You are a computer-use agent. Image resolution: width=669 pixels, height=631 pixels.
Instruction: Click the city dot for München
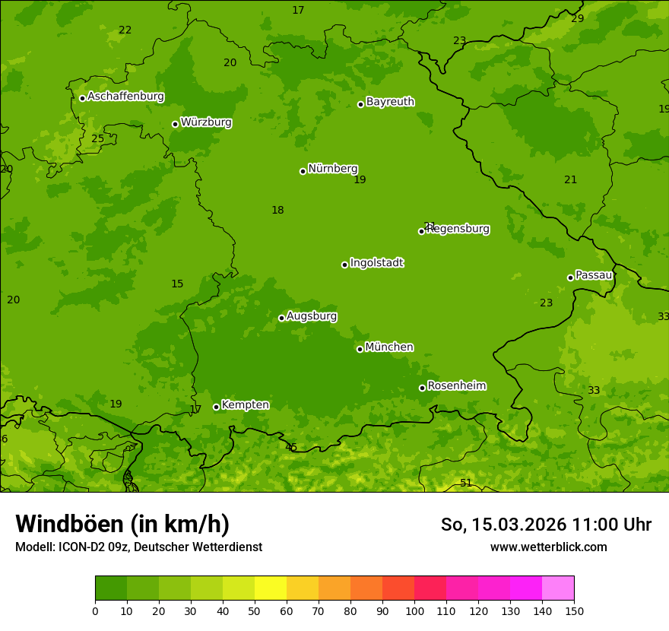pos(360,349)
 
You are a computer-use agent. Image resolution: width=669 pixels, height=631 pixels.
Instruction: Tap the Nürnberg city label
pos(333,169)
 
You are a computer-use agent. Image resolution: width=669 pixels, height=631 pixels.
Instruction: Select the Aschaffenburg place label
pos(125,97)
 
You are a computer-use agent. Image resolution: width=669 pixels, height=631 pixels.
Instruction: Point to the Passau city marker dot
pos(570,277)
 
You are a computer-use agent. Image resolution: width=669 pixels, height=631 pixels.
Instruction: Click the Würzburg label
pos(206,122)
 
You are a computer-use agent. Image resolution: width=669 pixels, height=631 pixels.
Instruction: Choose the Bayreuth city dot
pos(360,104)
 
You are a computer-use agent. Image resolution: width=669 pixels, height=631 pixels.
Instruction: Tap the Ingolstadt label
pos(376,263)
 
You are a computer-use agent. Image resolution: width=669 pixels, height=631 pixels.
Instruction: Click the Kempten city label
pos(245,405)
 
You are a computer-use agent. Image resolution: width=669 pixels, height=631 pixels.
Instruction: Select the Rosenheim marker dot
pos(422,388)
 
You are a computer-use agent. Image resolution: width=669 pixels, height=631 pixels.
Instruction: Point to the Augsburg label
pos(312,316)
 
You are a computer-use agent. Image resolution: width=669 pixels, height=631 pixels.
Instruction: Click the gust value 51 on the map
pos(466,484)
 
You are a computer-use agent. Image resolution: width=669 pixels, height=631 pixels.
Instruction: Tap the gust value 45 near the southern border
pos(291,447)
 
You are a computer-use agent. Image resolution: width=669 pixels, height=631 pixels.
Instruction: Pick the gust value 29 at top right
pos(578,18)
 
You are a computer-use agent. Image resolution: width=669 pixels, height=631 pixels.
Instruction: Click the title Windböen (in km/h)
pos(122,524)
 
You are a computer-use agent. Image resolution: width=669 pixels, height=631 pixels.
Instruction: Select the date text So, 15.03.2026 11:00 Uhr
pos(546,525)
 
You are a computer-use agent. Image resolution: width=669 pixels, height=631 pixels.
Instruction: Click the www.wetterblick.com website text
pos(548,547)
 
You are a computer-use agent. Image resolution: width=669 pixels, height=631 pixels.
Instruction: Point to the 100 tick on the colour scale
pos(414,610)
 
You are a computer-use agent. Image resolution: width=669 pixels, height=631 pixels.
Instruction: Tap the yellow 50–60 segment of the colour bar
pos(271,588)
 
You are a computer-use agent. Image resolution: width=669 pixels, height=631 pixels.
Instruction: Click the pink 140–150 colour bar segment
pos(558,588)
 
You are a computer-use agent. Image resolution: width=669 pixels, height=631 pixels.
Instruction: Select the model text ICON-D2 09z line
pos(138,547)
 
